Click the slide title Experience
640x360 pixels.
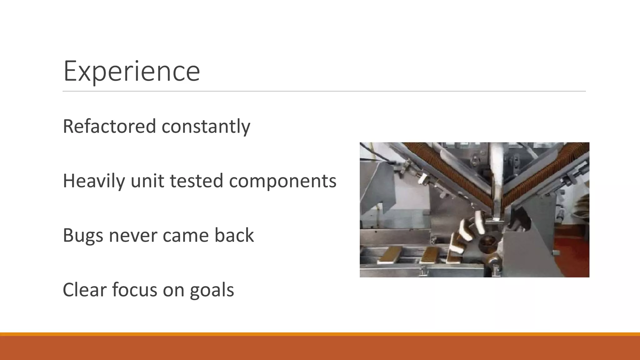point(131,71)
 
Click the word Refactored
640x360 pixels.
point(109,126)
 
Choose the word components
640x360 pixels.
point(282,181)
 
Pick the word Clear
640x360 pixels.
point(84,290)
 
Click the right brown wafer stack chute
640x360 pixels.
point(544,175)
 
